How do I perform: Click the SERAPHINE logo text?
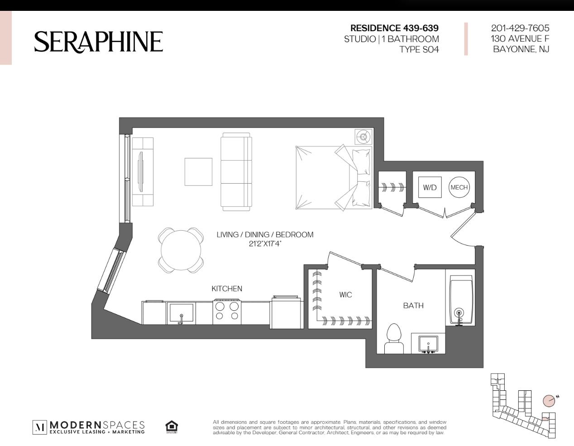point(99,42)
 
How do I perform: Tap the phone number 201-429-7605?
point(520,28)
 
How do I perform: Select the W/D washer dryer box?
point(430,187)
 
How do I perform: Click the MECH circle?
point(459,187)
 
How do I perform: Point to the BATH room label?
point(413,306)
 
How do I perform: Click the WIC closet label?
point(345,294)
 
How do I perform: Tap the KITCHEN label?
point(227,289)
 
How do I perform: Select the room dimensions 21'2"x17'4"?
point(265,243)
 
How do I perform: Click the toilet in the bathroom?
point(394,339)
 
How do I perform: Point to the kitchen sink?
point(181,313)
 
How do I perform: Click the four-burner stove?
point(227,312)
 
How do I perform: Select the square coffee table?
point(198,172)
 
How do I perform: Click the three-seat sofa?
point(236,172)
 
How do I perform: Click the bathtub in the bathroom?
point(460,300)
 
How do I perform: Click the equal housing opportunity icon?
point(172,427)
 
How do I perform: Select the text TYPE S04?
point(419,49)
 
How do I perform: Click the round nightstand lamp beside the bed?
point(363,137)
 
